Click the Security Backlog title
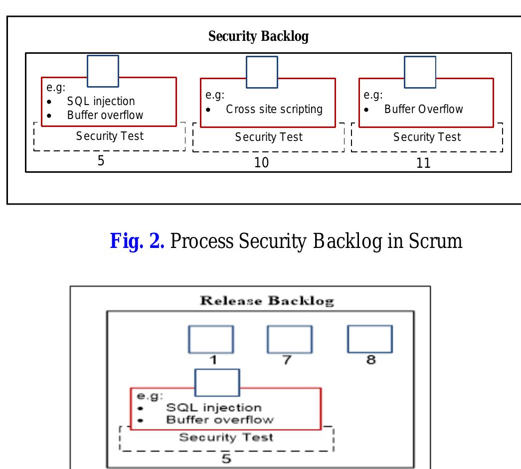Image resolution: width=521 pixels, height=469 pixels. click(x=258, y=37)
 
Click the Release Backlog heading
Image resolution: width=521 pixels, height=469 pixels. click(x=267, y=301)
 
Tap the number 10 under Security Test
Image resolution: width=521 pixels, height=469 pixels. click(x=261, y=163)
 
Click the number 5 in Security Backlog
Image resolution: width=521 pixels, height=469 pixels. click(x=100, y=162)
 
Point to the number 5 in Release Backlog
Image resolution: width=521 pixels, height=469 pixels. click(x=226, y=458)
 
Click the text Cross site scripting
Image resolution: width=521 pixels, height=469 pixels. click(x=274, y=109)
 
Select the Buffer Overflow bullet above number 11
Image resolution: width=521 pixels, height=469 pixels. click(x=423, y=109)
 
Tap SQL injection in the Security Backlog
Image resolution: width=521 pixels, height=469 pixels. click(x=101, y=102)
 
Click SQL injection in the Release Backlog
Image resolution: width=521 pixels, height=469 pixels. click(x=213, y=408)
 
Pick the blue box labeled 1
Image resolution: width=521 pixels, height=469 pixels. click(x=211, y=340)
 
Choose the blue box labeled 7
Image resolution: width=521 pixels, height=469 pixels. click(x=290, y=340)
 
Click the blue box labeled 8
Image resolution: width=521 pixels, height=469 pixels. click(x=369, y=339)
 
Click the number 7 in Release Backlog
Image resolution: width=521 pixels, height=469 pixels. click(x=287, y=360)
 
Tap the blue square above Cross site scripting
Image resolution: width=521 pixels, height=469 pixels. click(x=262, y=72)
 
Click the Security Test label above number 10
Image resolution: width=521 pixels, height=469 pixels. click(x=269, y=137)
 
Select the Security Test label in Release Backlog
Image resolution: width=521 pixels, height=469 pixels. click(x=226, y=438)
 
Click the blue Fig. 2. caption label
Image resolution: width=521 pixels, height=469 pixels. click(x=137, y=241)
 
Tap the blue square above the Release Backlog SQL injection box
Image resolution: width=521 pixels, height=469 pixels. click(x=217, y=383)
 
